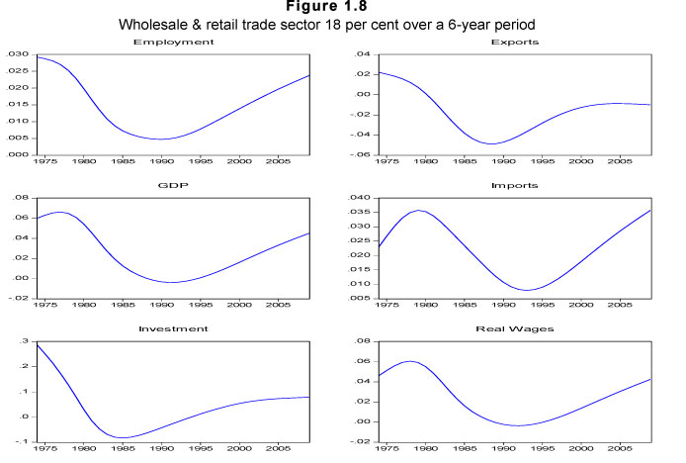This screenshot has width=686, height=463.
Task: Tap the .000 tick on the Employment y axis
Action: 17,154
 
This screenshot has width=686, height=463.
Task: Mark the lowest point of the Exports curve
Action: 491,143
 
